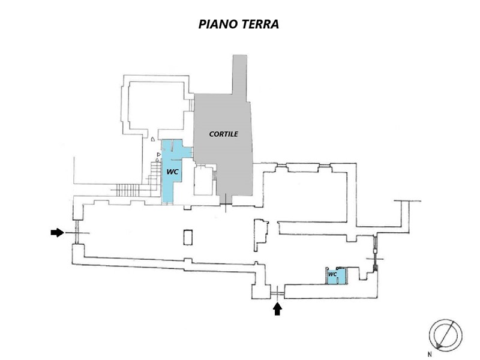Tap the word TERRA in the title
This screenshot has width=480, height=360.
pos(260,24)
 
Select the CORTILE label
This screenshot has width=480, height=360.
pos(223,134)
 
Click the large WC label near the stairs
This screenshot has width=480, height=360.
pos(172,172)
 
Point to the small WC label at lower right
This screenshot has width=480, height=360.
pos(332,274)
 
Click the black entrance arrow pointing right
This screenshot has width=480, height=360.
pos(57,233)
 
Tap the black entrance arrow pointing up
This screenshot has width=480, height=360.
pos(277,309)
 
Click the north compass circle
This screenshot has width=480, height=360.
pos(445,335)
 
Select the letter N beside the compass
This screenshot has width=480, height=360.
pos(430,355)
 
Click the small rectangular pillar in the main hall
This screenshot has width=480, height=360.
pos(188,237)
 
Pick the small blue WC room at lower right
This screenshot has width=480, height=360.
pos(336,275)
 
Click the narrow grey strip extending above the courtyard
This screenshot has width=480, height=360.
pos(239,74)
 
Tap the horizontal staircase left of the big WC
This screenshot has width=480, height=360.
pos(128,190)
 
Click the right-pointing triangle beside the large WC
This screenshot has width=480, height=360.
pos(158,155)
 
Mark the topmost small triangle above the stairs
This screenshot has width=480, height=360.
pos(153,139)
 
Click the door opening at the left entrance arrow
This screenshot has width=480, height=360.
pos(77,233)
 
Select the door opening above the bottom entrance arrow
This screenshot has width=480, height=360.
pos(277,292)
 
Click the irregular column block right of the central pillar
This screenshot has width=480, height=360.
pos(261,235)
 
